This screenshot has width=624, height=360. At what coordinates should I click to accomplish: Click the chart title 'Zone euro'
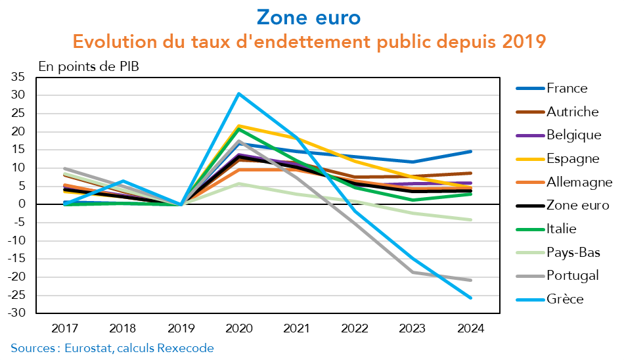pos(309,17)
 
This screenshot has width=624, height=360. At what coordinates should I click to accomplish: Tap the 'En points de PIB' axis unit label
pos(89,66)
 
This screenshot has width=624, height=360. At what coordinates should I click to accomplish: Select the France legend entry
pos(567,88)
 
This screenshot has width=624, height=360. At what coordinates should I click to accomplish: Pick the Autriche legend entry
pos(572,112)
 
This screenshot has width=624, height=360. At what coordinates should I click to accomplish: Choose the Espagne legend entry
pos(573,158)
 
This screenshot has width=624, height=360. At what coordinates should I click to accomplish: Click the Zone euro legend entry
pos(577,206)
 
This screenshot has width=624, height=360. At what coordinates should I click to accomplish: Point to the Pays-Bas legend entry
pos(573,252)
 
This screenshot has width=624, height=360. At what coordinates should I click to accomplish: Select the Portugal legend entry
pos(573,276)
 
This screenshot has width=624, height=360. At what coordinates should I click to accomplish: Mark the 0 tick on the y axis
pos(22,204)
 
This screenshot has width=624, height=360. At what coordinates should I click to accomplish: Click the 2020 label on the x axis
pos(239,326)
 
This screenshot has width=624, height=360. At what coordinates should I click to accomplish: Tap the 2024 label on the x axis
pos(470,326)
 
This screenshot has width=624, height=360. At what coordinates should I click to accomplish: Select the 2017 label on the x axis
pos(66,326)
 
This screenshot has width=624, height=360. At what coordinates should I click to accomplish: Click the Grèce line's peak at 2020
pos(239,93)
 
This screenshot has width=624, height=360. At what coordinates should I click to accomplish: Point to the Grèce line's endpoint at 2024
pos(470,298)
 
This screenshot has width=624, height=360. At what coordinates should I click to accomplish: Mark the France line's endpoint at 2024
pos(470,151)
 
